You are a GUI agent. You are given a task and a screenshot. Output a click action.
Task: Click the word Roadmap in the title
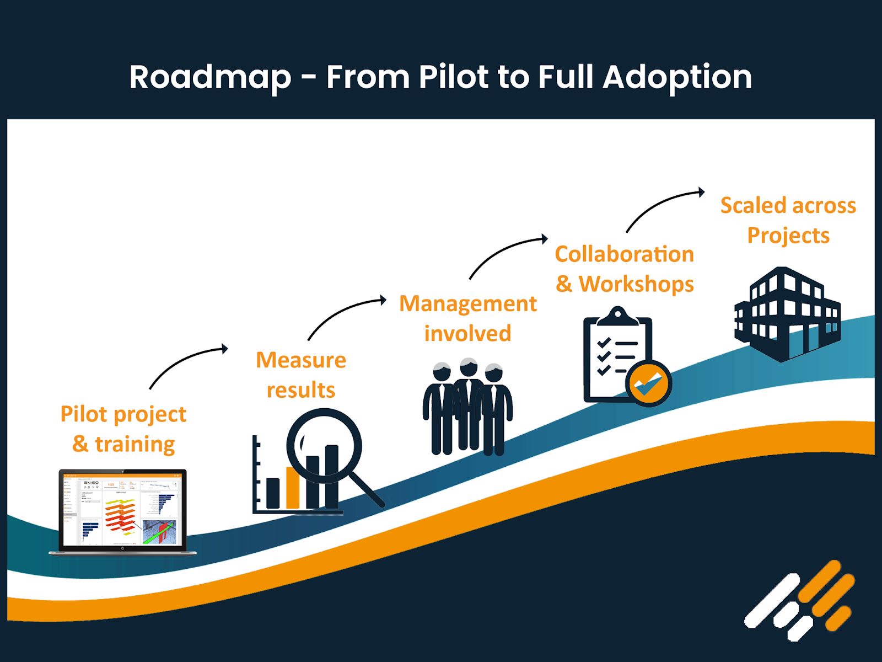[210, 77]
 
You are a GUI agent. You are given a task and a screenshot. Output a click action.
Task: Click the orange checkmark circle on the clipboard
[648, 383]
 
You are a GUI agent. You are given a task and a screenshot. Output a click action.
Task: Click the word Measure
[301, 360]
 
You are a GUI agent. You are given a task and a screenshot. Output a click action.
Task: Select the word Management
[467, 304]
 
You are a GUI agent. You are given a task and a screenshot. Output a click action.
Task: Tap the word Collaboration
[624, 254]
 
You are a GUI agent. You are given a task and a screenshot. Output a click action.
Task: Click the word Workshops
[636, 284]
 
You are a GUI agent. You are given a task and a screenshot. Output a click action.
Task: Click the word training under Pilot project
[135, 444]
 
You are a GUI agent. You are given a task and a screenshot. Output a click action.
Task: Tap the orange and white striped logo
[799, 601]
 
